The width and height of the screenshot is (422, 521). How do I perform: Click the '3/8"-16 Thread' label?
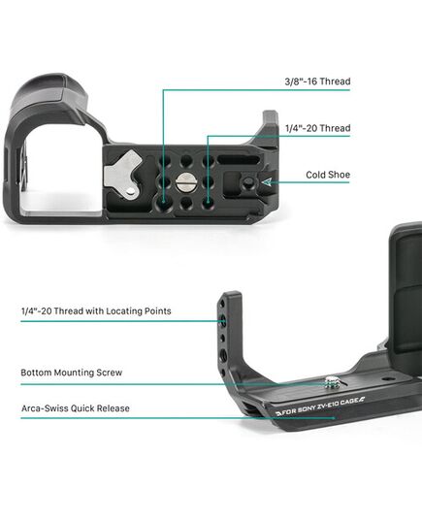pos(317,81)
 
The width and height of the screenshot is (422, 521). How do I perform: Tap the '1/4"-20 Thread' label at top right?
pos(317,128)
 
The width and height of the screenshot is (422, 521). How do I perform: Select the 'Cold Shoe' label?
pos(328,175)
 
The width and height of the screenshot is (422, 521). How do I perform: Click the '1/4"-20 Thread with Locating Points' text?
pos(96,311)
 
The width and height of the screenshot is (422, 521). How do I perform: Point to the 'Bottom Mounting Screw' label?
pos(72,373)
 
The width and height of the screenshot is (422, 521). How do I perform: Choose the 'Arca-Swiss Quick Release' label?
pos(76,408)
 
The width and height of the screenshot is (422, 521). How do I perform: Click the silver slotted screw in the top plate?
pos(184,182)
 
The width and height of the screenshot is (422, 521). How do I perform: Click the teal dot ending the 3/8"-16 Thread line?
pos(163,201)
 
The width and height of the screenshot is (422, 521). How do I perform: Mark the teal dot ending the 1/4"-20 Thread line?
pos(208,201)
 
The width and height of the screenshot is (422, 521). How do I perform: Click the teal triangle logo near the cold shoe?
pos(267,181)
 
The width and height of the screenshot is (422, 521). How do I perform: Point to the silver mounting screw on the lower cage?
pos(331,382)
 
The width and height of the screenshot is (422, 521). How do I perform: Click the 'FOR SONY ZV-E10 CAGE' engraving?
pos(320,407)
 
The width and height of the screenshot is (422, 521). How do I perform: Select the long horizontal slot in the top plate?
pos(239,159)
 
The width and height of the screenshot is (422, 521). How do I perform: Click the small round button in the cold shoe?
pos(248,181)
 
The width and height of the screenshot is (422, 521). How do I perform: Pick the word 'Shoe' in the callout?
pos(339,175)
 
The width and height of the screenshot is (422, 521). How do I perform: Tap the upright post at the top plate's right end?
pos(270,129)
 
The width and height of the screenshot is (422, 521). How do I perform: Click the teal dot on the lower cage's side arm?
pos(223,321)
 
